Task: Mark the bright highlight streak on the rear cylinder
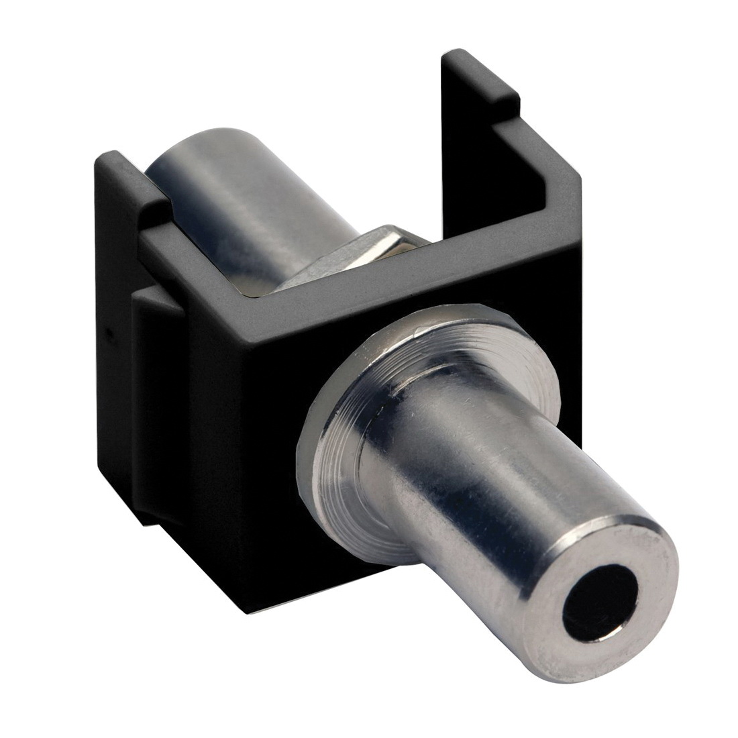point(221,201)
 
